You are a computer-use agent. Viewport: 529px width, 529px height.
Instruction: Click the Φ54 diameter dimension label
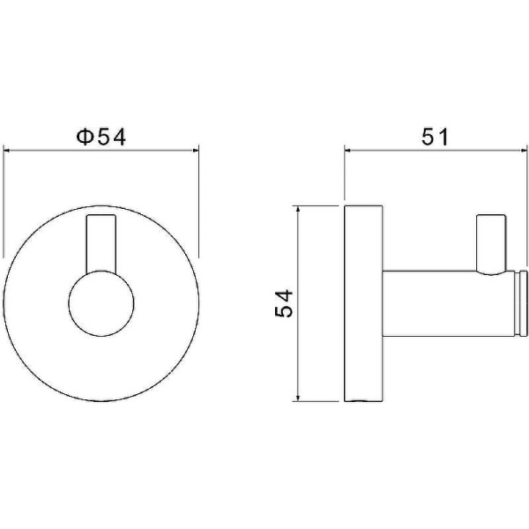(x=101, y=138)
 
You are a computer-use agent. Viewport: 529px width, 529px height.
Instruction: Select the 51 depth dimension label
(x=435, y=137)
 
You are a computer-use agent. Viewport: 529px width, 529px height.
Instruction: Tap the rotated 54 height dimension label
(x=284, y=303)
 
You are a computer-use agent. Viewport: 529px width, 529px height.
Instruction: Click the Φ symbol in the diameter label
(x=85, y=138)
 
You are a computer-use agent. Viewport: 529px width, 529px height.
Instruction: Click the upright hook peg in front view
(x=101, y=243)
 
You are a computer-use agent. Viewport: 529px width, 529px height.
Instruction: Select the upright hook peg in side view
(x=491, y=243)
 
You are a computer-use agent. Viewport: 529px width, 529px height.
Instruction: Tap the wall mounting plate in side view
(x=363, y=303)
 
